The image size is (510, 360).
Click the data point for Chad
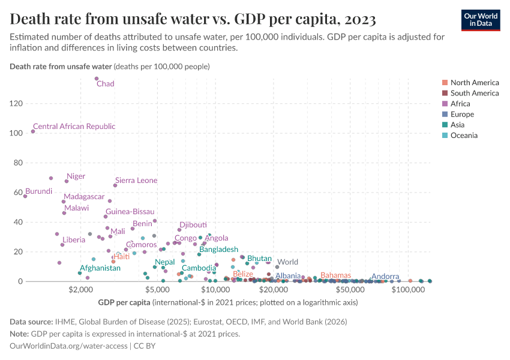click(x=97, y=79)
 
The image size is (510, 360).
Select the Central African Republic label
click(x=74, y=127)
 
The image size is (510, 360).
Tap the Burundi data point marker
click(x=25, y=196)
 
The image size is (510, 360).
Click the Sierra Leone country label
click(x=136, y=180)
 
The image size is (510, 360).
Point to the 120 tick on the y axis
click(x=16, y=104)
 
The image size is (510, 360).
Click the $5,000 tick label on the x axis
click(x=155, y=290)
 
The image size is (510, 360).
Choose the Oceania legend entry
click(x=464, y=136)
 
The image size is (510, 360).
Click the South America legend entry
click(x=474, y=93)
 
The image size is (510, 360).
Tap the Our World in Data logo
click(x=481, y=20)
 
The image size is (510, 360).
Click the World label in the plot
click(x=287, y=262)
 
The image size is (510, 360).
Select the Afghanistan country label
click(x=100, y=268)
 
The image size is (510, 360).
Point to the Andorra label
click(x=385, y=277)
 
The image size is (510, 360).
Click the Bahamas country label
click(x=335, y=275)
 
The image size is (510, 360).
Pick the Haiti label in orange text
click(x=121, y=256)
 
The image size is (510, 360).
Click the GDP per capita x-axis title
click(x=124, y=302)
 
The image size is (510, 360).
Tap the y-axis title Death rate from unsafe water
click(x=61, y=66)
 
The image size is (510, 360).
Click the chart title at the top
click(x=193, y=19)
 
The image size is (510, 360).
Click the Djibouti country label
click(x=193, y=224)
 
